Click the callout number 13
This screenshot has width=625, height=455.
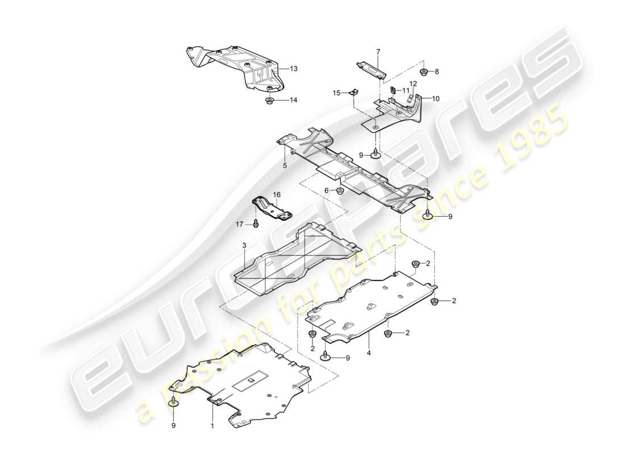[293, 69]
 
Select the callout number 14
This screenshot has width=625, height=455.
[293, 101]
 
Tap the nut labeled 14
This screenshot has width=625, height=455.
[269, 101]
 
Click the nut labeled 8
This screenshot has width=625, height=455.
[423, 72]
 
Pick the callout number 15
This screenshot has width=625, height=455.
[336, 93]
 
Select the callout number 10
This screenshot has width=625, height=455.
[435, 98]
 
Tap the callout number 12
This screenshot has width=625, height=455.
[413, 84]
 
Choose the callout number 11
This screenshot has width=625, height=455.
[406, 90]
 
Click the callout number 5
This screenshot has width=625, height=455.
[285, 165]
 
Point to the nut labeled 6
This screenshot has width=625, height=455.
[340, 190]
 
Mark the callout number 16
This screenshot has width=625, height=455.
[277, 195]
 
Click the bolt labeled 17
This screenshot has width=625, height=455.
[255, 224]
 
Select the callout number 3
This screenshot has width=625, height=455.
[244, 245]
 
